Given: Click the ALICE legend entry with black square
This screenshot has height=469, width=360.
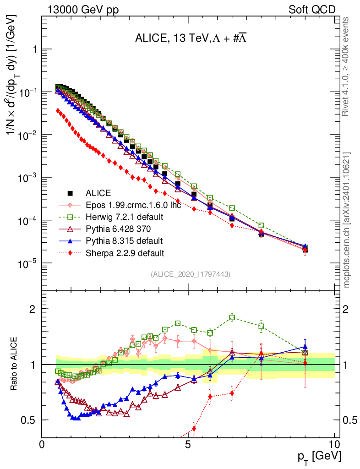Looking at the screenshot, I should coord(98,193).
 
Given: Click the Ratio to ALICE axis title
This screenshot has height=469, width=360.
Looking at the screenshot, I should coord(15,364).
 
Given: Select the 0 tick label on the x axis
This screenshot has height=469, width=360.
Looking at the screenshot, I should coord(42,444).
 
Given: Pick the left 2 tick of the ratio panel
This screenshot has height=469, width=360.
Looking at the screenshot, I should coord(33,309).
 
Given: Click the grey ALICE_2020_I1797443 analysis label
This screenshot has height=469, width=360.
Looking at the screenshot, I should coord(190,274).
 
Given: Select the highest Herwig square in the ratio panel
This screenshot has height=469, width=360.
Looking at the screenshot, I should coord(232,317).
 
